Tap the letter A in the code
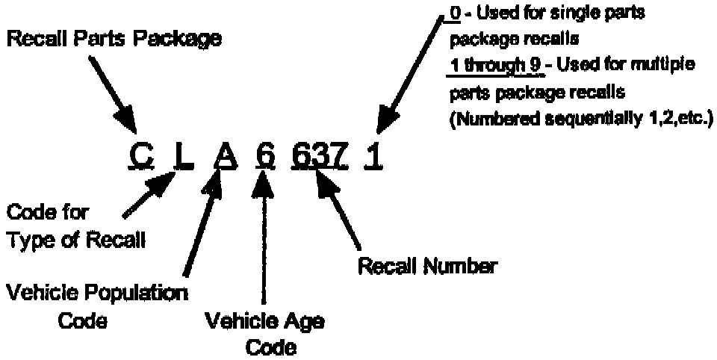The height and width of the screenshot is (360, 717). [x=223, y=156]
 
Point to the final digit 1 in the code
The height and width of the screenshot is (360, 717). [x=373, y=156]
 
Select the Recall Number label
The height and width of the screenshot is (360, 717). [x=428, y=266]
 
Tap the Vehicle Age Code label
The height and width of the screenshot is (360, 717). [x=264, y=332]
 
